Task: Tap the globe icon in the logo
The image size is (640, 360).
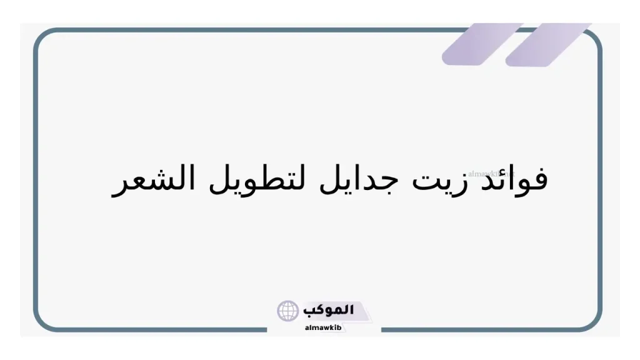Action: [288, 311]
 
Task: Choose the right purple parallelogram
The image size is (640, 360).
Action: [549, 44]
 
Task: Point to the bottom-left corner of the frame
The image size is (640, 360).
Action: [44, 321]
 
